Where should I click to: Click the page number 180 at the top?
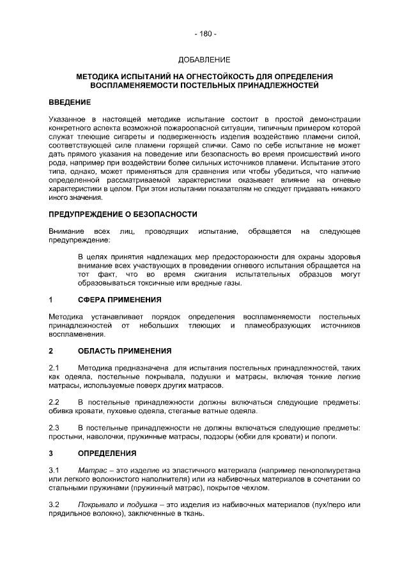[204, 33]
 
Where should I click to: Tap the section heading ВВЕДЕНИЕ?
[70, 102]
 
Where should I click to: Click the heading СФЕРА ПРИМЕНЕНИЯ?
[120, 300]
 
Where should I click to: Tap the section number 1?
[51, 300]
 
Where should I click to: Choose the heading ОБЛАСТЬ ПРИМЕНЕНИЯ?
[125, 351]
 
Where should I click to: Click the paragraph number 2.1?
[54, 369]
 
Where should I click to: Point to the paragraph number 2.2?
[54, 402]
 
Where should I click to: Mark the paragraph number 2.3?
[54, 427]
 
